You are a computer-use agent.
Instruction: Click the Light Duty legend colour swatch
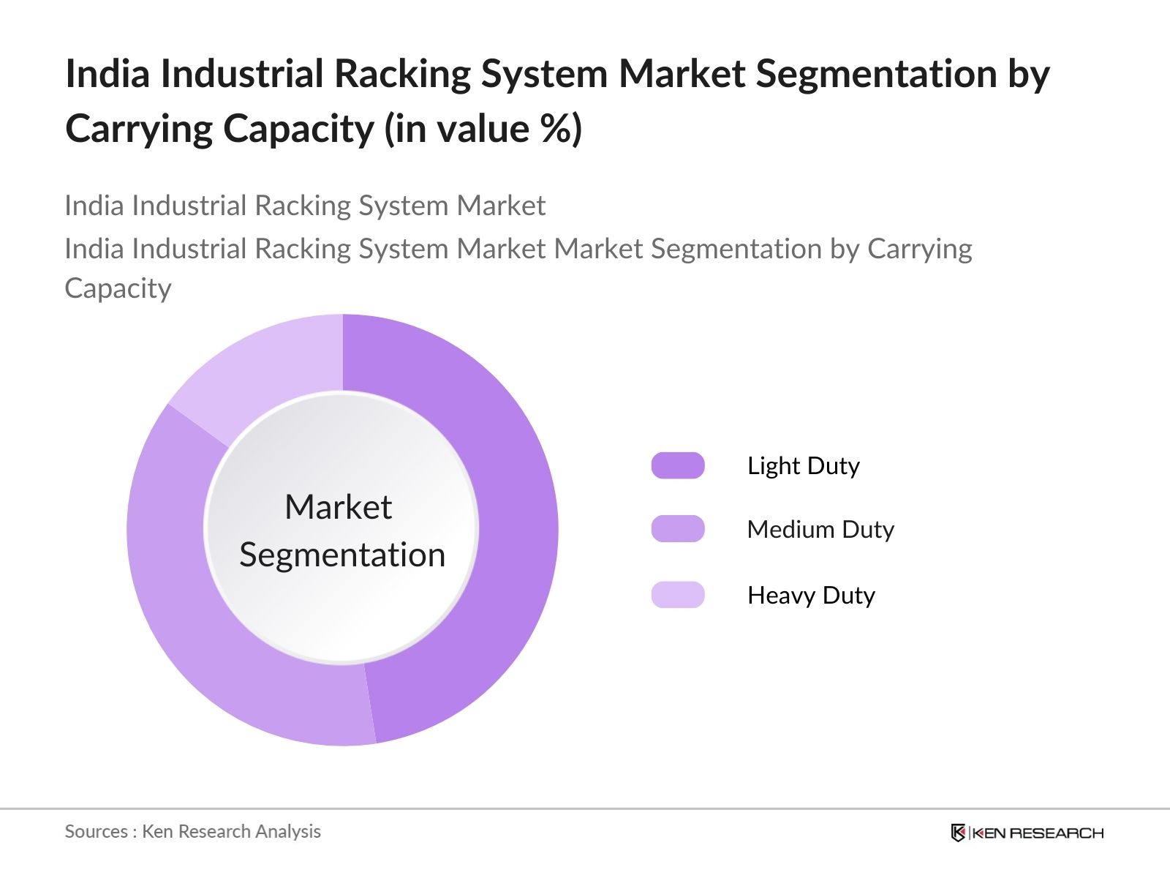(678, 465)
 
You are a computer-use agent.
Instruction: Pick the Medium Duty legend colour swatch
(678, 529)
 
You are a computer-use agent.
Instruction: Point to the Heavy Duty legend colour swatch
(678, 595)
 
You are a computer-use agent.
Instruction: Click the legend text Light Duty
(803, 465)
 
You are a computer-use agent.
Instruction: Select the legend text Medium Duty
(820, 529)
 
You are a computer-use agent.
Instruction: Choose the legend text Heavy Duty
(811, 595)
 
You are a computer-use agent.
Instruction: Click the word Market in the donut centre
(338, 507)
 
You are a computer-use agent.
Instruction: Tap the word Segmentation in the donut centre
(342, 555)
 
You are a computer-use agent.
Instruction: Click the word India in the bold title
(107, 74)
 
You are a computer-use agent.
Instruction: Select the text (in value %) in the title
(483, 129)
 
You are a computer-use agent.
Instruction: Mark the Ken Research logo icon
(958, 833)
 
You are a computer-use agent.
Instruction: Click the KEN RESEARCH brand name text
(1038, 833)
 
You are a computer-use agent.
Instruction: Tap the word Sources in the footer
(96, 831)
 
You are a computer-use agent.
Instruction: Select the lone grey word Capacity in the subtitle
(118, 288)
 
